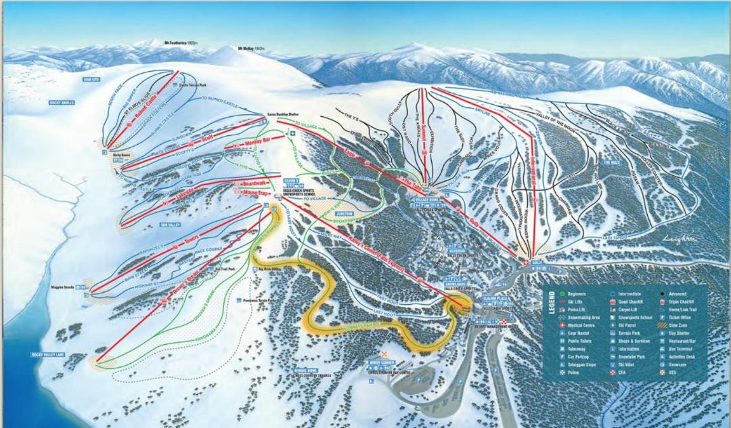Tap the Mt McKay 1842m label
(251, 49)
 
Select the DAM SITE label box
(91, 80)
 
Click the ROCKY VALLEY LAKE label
(47, 354)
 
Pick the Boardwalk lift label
(254, 183)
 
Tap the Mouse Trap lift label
(252, 192)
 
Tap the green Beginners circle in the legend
(562, 294)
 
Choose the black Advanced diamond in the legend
(661, 294)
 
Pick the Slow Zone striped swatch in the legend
(661, 325)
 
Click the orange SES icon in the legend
(661, 373)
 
